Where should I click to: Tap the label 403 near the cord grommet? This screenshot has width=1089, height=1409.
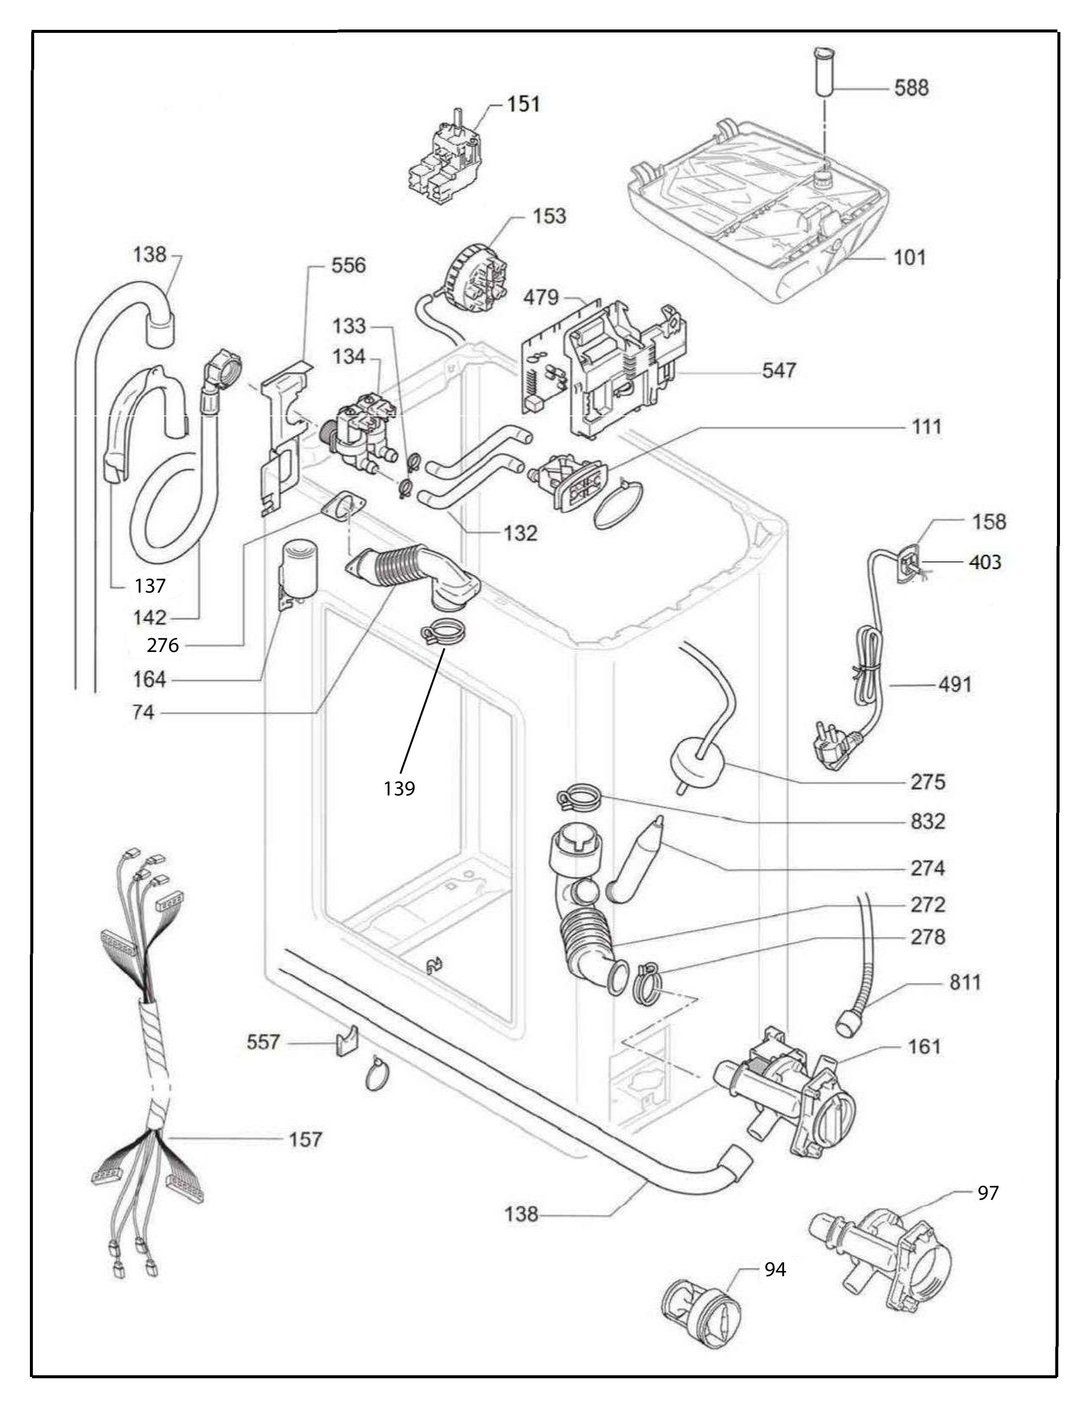pyautogui.click(x=985, y=563)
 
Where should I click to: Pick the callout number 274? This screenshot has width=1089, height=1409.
pyautogui.click(x=928, y=868)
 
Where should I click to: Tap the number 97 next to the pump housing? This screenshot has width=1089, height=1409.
pyautogui.click(x=988, y=1192)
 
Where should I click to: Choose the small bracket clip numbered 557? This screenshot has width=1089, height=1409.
pyautogui.click(x=346, y=1041)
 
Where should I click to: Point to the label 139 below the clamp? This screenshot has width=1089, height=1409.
pyautogui.click(x=399, y=788)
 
